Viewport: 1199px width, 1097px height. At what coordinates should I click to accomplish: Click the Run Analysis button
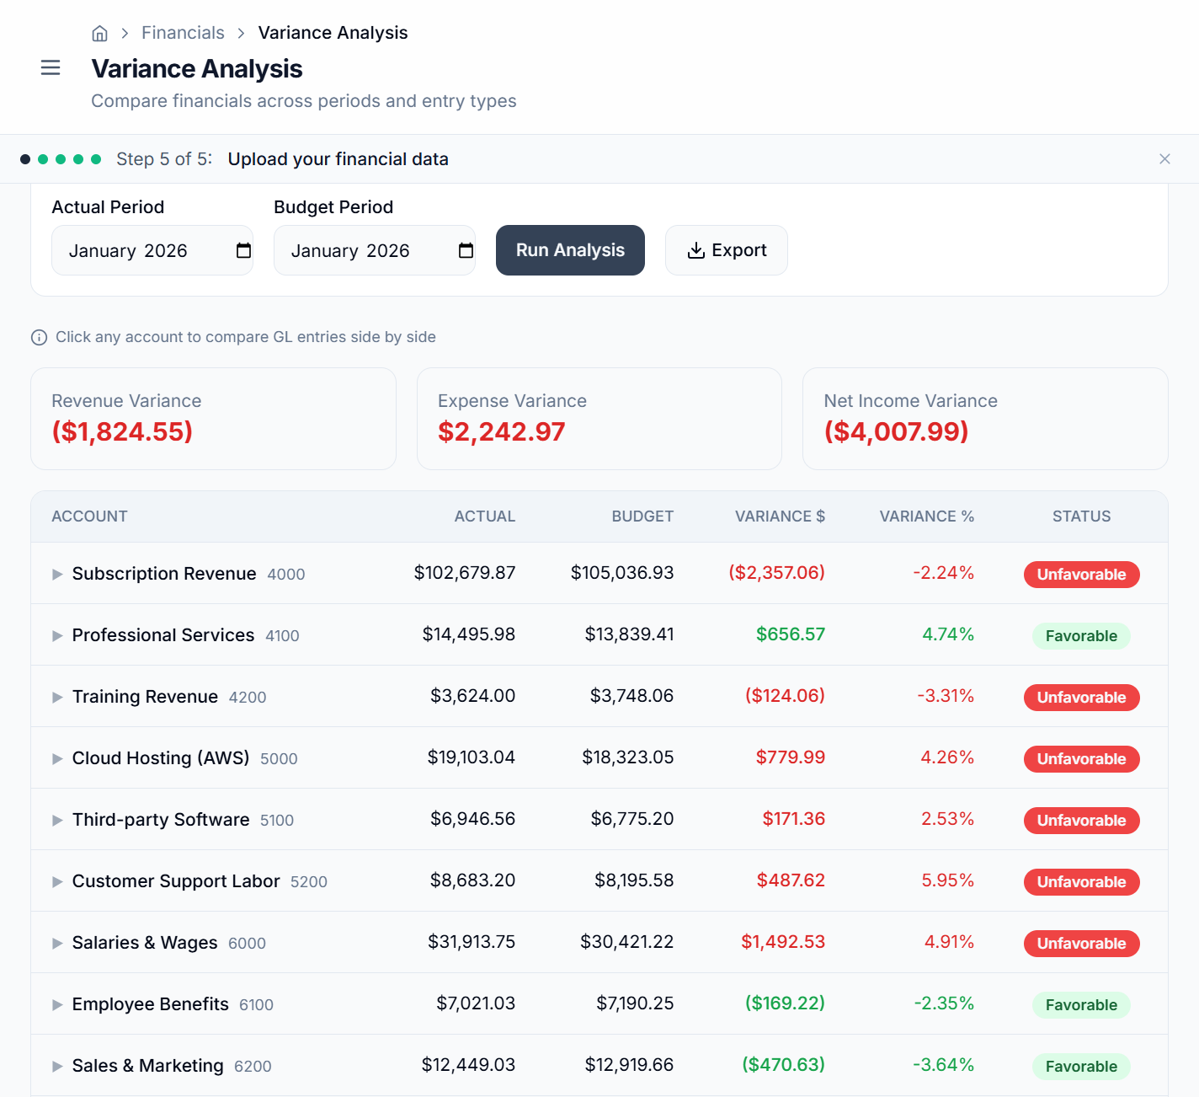pos(570,250)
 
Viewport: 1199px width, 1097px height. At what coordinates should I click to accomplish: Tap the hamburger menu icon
pos(51,67)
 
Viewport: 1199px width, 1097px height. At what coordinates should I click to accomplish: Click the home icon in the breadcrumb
pos(99,33)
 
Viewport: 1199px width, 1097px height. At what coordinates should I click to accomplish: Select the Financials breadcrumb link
pos(183,33)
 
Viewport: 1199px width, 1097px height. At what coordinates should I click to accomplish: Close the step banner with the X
pos(1164,159)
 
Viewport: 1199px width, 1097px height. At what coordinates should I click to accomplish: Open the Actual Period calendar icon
pos(244,250)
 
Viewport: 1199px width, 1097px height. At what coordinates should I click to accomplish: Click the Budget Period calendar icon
pos(466,250)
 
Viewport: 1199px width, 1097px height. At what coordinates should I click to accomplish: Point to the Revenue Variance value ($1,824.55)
pos(122,431)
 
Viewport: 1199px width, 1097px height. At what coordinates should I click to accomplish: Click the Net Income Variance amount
pos(896,431)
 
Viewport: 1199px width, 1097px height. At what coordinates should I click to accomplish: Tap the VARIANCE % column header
pos(926,516)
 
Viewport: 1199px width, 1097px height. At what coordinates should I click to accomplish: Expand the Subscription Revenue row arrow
pos(57,574)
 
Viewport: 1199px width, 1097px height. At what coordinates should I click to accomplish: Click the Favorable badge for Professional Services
pos(1081,636)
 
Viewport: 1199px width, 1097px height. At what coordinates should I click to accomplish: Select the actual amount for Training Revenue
pos(472,696)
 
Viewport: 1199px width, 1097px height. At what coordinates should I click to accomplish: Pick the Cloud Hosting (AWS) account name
pos(161,758)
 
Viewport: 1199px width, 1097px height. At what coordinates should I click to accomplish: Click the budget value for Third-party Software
pos(631,819)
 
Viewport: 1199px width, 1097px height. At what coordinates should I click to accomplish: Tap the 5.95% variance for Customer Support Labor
pos(947,880)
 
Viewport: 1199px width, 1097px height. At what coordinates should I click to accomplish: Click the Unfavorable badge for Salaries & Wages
pos(1081,944)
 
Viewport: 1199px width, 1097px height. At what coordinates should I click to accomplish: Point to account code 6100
pos(256,1005)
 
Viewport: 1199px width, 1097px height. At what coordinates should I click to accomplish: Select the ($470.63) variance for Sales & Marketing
pos(783,1065)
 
